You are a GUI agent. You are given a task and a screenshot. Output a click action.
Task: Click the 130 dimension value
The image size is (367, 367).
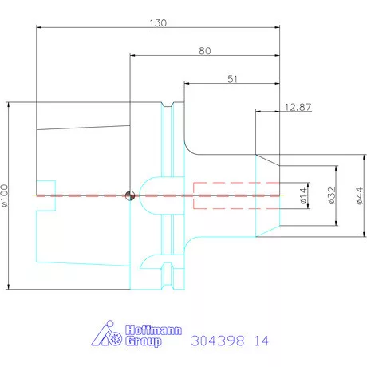tap(158, 23)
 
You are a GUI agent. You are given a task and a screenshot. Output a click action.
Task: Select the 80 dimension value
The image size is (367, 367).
tap(205, 51)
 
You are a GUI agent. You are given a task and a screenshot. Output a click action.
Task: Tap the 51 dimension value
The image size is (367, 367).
tap(232, 79)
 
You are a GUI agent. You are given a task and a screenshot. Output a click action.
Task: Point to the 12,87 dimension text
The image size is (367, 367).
tap(298, 107)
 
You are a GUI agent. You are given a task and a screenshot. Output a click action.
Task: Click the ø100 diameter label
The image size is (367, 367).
tap(5, 195)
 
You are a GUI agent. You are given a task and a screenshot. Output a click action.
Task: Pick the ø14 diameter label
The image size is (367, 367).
tap(304, 195)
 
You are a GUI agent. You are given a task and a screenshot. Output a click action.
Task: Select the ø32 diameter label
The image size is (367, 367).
tap(332, 195)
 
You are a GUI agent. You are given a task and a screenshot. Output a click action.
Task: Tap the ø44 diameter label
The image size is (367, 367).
tap(360, 195)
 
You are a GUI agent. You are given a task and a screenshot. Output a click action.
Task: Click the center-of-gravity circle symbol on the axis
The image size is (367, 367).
tap(130, 195)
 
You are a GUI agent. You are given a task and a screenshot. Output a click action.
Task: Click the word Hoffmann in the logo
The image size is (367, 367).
tap(153, 330)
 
